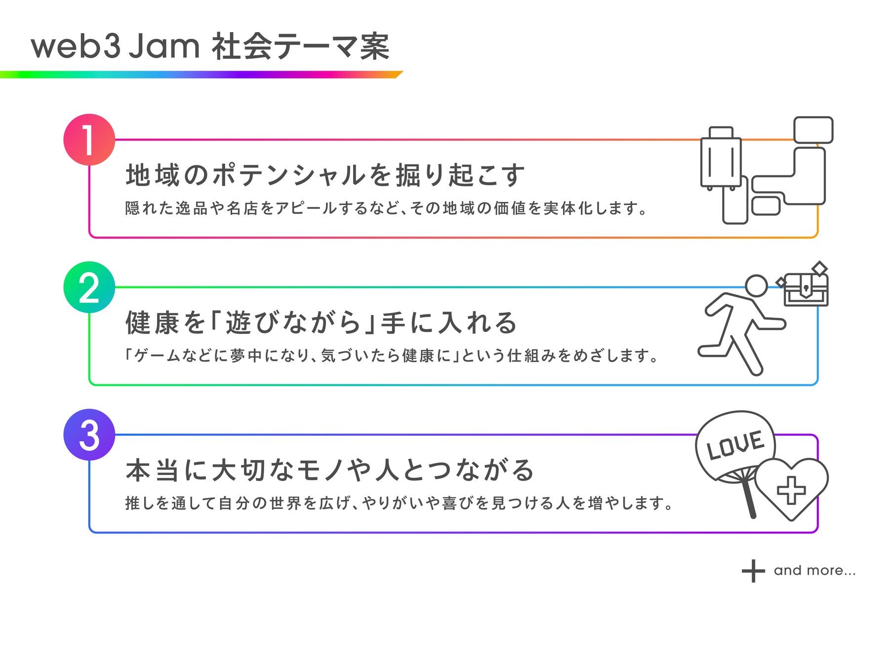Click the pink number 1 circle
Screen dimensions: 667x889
[89, 139]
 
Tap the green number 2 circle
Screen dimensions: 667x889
[89, 287]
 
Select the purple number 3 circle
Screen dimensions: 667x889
[89, 435]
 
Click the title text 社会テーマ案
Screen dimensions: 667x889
[301, 46]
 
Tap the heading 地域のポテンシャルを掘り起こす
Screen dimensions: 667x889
[325, 175]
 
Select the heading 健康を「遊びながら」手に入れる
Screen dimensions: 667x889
[321, 323]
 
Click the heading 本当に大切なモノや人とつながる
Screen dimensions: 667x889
[330, 470]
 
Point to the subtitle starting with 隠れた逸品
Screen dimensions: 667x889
[386, 208]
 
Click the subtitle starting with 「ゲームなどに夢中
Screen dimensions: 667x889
[391, 356]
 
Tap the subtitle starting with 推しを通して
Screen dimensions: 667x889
[399, 503]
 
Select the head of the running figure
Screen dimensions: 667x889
[756, 286]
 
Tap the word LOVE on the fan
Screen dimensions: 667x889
[735, 445]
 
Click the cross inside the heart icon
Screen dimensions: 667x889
[791, 490]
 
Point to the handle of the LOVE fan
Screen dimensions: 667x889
[749, 499]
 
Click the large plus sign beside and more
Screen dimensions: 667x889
[753, 571]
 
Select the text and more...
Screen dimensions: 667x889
[814, 571]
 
